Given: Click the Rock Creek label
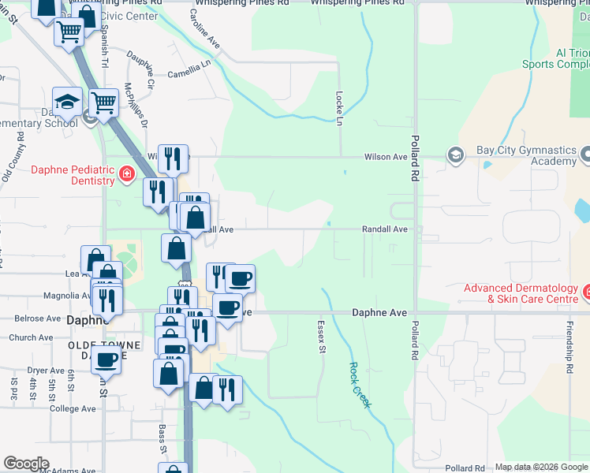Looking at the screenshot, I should (x=360, y=385).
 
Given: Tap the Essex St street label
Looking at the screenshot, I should (x=321, y=337).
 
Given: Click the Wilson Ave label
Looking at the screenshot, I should (x=385, y=157).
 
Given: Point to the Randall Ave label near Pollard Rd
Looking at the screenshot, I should (x=384, y=229).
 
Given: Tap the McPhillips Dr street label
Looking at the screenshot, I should (x=136, y=106).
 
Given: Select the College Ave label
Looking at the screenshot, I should (x=73, y=409).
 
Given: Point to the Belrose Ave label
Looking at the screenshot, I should (x=35, y=319).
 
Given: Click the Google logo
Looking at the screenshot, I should (x=26, y=464).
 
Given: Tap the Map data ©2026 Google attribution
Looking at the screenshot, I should (x=541, y=467).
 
